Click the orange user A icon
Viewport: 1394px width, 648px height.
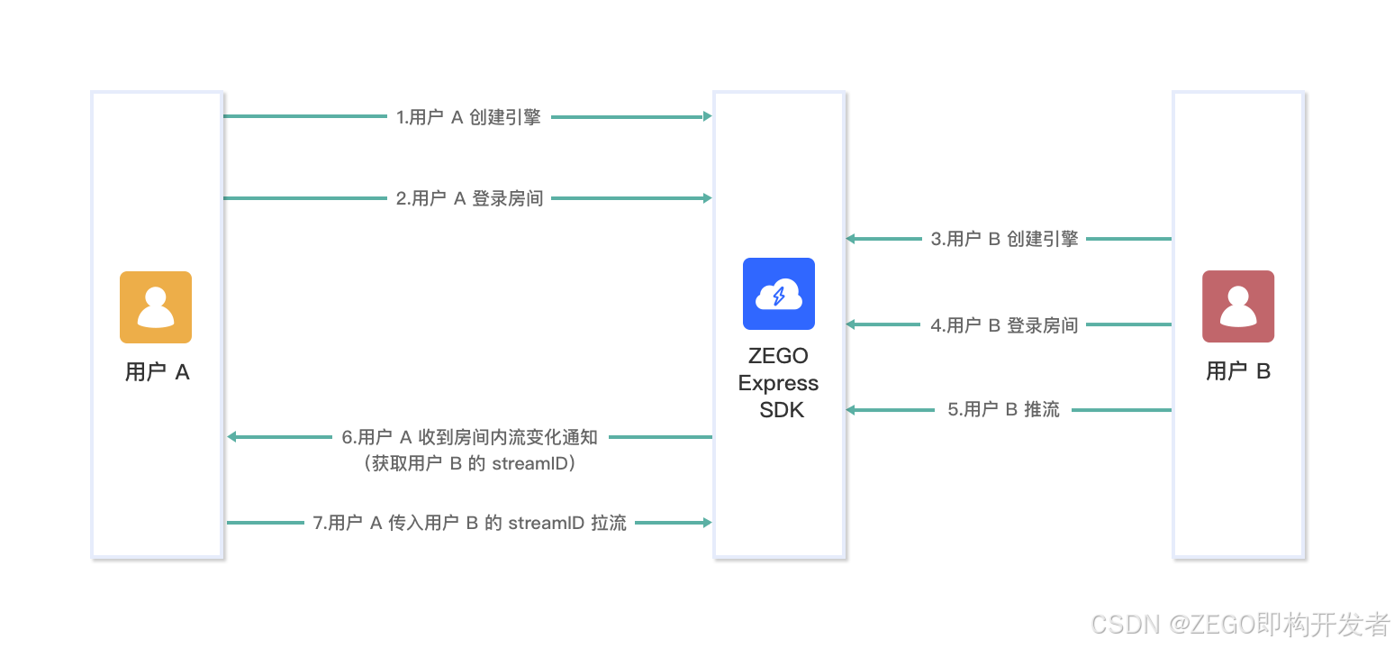156,307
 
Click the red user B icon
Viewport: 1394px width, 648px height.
1238,306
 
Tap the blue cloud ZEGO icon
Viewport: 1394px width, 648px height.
779,294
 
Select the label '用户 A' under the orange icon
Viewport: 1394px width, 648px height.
158,372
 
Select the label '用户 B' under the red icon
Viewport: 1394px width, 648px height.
1238,371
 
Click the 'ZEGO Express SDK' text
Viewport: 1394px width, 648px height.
778,383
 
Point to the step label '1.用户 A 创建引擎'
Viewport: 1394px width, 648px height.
468,117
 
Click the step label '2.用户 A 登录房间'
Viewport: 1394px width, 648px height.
469,198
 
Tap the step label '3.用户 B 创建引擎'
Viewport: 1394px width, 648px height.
1004,239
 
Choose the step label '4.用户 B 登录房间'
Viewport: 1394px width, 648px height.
1004,324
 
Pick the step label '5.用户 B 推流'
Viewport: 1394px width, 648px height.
1003,410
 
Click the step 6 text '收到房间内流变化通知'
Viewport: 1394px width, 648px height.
508,437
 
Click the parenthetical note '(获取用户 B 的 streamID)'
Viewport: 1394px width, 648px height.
470,464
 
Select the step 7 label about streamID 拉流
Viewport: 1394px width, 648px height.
469,523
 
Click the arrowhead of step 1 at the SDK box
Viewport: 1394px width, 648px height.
707,116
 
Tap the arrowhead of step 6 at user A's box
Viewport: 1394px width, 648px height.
232,437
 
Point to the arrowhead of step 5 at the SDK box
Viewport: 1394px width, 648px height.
851,410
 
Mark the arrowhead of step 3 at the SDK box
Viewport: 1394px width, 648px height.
851,239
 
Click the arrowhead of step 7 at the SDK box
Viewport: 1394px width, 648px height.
707,522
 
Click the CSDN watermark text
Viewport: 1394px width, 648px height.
1240,623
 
